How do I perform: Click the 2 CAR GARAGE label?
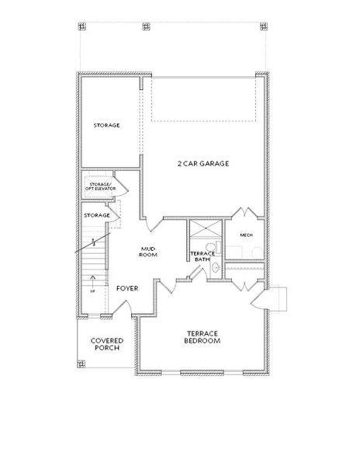coord(203,163)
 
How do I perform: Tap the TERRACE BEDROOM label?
coord(202,337)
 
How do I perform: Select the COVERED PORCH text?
coord(107,344)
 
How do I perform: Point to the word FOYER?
coord(127,288)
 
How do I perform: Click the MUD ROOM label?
coord(148,252)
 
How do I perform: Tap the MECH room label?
coord(246,235)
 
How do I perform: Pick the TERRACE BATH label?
coord(202,256)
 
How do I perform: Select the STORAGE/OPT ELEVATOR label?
coord(100,186)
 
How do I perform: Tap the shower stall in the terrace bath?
coord(206,228)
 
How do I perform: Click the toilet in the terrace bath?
coord(213,247)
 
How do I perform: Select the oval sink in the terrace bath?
coord(216,267)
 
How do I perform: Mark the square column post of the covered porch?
coord(81,363)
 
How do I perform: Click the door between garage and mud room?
coord(154,224)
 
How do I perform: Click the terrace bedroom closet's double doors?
coord(244,286)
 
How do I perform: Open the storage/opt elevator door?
coord(121,187)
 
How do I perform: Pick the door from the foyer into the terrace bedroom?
coord(168,286)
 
